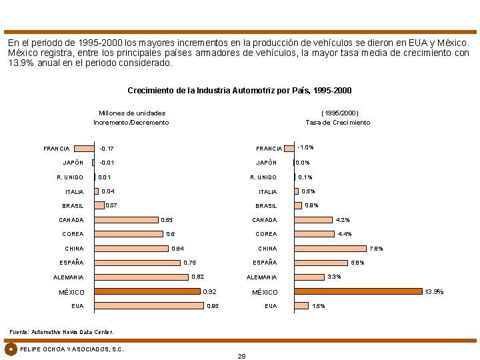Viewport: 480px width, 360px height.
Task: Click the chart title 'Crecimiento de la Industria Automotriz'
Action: coord(239,91)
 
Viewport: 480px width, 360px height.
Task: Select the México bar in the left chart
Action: coord(147,291)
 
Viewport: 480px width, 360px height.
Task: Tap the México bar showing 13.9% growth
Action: coord(359,291)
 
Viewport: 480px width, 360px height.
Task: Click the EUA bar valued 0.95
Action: coord(149,306)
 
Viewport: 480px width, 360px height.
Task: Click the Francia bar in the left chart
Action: coord(84,148)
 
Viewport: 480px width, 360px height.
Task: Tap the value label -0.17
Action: coord(106,148)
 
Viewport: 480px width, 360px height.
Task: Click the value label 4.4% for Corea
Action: coord(345,234)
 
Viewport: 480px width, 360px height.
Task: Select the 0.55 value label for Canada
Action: coord(167,220)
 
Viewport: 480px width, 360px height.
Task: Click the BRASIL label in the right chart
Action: coord(266,206)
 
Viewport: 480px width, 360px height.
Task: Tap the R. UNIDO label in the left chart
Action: coord(70,177)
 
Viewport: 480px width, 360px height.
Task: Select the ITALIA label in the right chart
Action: coord(267,192)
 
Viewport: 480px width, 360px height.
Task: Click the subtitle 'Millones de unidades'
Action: coord(132,113)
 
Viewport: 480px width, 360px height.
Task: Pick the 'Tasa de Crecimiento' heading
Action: coord(338,123)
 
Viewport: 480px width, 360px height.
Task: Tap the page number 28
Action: coord(241,356)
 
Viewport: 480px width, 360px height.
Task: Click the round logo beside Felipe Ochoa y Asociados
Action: coord(11,349)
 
